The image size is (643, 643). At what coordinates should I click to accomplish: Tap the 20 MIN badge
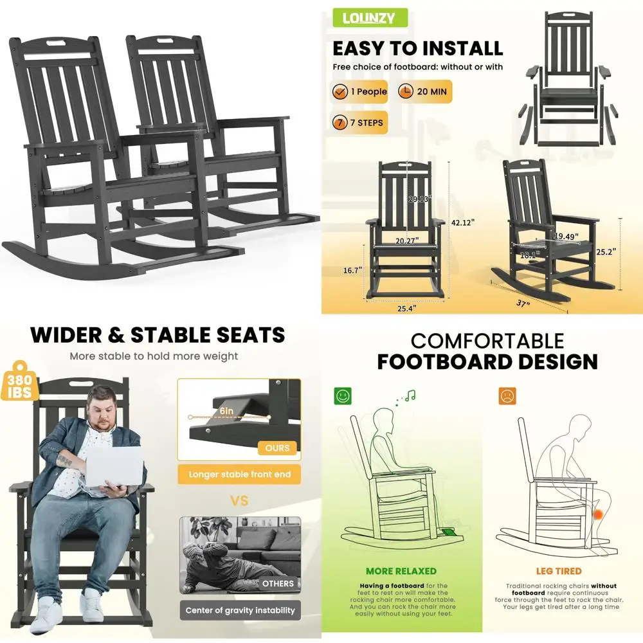pyautogui.click(x=424, y=91)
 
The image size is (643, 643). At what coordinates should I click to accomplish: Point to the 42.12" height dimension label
pyautogui.click(x=463, y=222)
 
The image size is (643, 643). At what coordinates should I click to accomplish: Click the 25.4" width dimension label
pyautogui.click(x=406, y=308)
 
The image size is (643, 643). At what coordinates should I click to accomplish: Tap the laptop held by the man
pyautogui.click(x=114, y=464)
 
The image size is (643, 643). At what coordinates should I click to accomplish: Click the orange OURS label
pyautogui.click(x=277, y=448)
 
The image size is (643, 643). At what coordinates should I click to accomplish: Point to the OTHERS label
pyautogui.click(x=278, y=583)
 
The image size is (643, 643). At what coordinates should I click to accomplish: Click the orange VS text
pyautogui.click(x=239, y=500)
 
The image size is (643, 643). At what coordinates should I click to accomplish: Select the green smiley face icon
pyautogui.click(x=343, y=396)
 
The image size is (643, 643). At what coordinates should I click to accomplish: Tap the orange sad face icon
pyautogui.click(x=507, y=396)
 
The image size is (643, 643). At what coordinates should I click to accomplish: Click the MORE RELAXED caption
pyautogui.click(x=401, y=571)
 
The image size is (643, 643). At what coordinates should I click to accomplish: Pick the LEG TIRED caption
pyautogui.click(x=559, y=571)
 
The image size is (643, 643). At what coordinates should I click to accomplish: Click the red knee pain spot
pyautogui.click(x=599, y=514)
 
